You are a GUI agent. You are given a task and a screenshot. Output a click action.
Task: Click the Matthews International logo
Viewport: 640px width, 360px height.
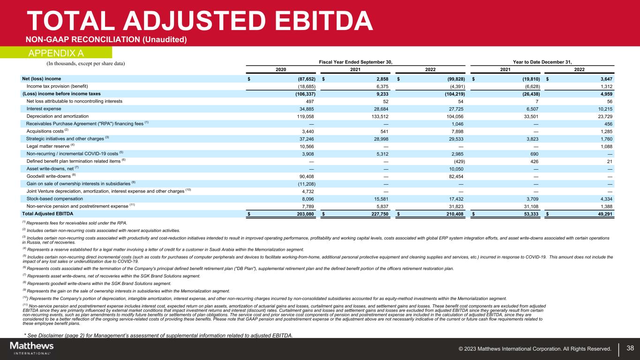click(32, 348)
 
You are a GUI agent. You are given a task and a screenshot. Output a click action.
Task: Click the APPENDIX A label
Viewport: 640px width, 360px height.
click(57, 52)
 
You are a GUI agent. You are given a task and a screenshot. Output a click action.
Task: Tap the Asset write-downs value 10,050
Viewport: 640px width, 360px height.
click(456, 169)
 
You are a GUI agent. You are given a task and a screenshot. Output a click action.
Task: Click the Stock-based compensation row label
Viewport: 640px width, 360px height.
click(55, 199)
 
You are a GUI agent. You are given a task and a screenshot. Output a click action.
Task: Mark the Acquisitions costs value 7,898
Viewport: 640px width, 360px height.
click(457, 131)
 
